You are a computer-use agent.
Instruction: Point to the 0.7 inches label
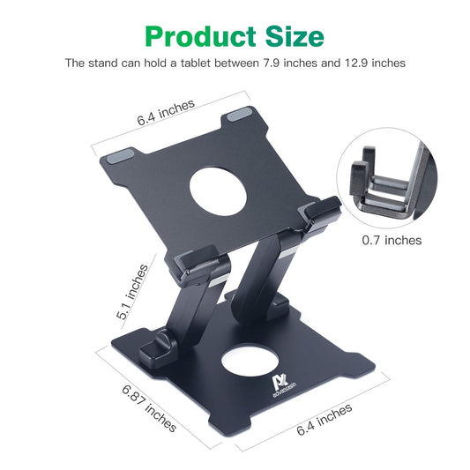pos(392,240)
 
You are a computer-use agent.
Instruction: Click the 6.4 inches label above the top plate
pos(165,112)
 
